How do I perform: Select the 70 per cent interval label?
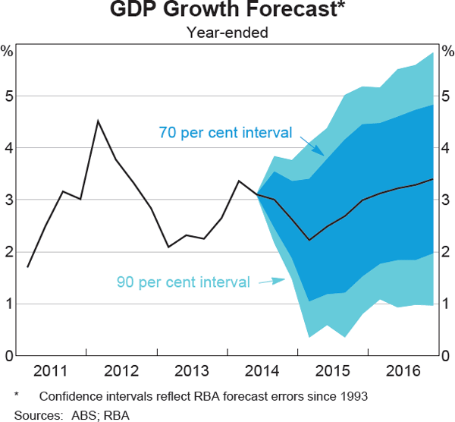click(225, 132)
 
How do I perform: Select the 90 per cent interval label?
click(183, 282)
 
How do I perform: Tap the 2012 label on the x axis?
click(121, 371)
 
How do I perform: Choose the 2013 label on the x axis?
click(190, 371)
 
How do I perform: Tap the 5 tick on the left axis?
click(8, 96)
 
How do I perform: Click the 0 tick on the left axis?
click(8, 355)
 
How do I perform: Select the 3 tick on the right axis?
click(446, 200)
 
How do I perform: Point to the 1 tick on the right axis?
click(446, 304)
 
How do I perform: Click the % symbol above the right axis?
click(447, 52)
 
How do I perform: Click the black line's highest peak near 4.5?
click(98, 121)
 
